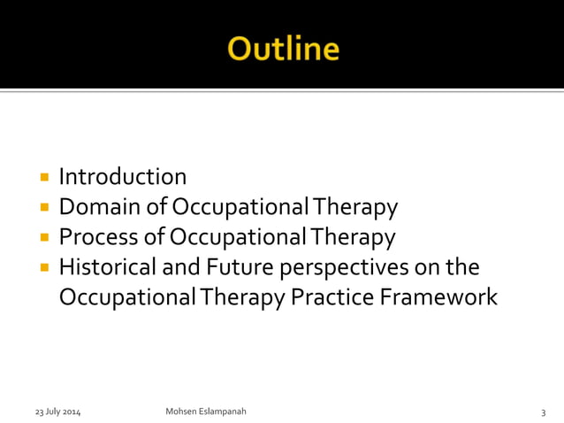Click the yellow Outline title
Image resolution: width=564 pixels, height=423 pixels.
click(x=282, y=48)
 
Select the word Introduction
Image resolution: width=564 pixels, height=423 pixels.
click(x=123, y=177)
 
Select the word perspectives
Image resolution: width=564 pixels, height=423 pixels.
click(x=351, y=268)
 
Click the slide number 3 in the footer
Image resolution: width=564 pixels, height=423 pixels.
click(x=543, y=412)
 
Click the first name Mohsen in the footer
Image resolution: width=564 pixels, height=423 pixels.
click(x=181, y=412)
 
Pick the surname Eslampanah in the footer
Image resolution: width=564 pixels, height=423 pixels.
click(x=223, y=412)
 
